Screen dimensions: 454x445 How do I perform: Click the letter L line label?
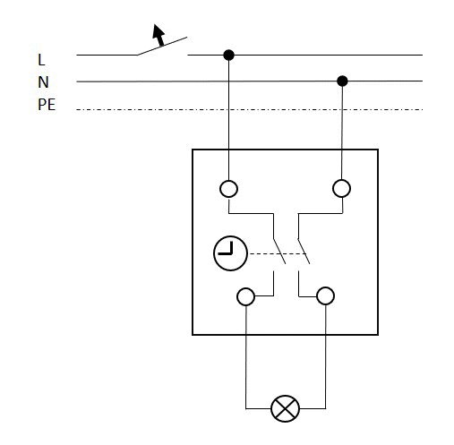(41, 60)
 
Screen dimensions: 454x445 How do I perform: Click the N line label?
(43, 82)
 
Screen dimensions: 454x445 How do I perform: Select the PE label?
(47, 105)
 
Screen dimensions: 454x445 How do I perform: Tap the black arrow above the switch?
(158, 35)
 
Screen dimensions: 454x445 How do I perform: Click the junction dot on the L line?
(229, 55)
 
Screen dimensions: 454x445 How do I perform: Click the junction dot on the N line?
(342, 81)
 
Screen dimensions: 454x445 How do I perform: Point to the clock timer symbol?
(230, 253)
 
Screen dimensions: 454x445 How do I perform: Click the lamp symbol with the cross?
(285, 408)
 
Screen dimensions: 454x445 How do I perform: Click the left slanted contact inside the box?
(279, 252)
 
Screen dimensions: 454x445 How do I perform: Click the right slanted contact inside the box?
(304, 252)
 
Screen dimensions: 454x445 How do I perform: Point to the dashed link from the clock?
(278, 253)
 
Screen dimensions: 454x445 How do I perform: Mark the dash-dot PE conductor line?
(249, 110)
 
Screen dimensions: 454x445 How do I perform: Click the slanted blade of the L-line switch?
(162, 46)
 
